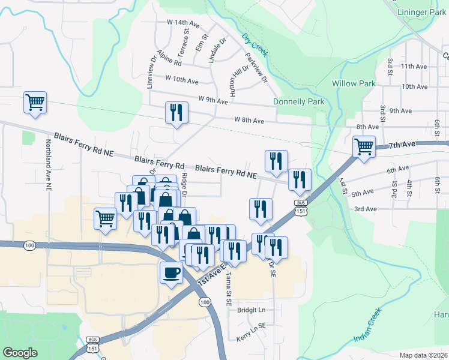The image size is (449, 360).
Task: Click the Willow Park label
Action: click(354, 83)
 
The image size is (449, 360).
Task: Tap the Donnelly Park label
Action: click(298, 101)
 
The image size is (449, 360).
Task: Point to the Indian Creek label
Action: click(367, 326)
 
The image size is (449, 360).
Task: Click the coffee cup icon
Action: click(170, 273)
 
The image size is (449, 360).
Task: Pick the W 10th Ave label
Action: click(182, 80)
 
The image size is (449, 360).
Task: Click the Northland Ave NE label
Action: click(48, 165)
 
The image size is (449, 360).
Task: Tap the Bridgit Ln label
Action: click(251, 310)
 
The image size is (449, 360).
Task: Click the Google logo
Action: click(20, 353)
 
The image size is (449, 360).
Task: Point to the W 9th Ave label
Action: click(213, 101)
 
